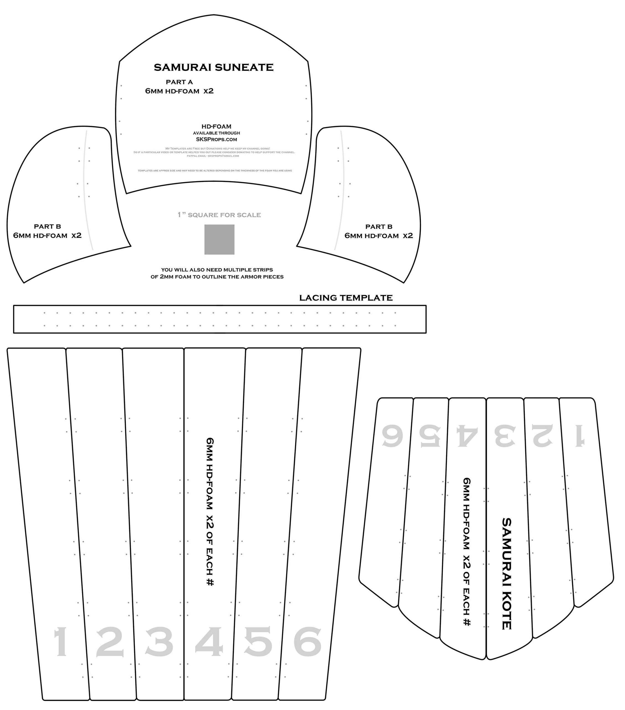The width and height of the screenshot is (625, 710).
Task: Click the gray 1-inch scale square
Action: (x=219, y=239)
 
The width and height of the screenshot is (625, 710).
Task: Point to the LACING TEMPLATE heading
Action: (x=346, y=298)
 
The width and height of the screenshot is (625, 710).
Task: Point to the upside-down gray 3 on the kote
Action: (x=505, y=436)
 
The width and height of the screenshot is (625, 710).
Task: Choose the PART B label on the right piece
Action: (x=379, y=227)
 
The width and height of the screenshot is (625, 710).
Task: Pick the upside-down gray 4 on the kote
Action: (x=467, y=436)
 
